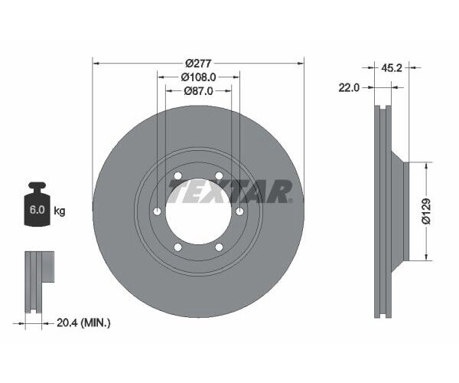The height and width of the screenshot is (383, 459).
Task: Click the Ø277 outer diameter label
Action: [198, 64]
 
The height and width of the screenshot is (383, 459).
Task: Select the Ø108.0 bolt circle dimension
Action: [198, 77]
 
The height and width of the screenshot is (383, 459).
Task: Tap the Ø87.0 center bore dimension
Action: [198, 91]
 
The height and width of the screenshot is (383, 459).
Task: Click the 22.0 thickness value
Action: [349, 88]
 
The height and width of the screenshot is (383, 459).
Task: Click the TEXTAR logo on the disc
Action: [229, 191]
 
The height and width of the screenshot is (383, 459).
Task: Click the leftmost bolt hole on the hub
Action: [158, 211]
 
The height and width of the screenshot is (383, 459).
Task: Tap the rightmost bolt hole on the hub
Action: [239, 211]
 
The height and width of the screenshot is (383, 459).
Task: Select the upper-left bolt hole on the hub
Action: [178, 176]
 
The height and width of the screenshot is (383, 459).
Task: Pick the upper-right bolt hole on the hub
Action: [219, 176]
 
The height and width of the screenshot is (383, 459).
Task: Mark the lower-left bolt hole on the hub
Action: [178, 247]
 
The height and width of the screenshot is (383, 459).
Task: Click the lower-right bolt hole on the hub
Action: [219, 247]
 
